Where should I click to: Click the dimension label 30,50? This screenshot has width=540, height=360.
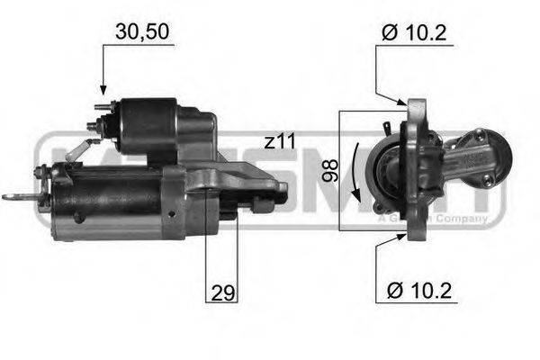(x=141, y=31)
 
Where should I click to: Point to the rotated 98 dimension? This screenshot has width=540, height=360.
(x=329, y=170)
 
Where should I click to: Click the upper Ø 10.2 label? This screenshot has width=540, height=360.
(x=415, y=33)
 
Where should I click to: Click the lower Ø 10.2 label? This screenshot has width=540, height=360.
(x=415, y=292)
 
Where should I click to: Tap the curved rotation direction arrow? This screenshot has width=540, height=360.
(x=355, y=171)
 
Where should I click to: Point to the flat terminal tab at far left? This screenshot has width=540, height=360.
(x=14, y=195)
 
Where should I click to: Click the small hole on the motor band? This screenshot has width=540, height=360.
(x=79, y=217)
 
